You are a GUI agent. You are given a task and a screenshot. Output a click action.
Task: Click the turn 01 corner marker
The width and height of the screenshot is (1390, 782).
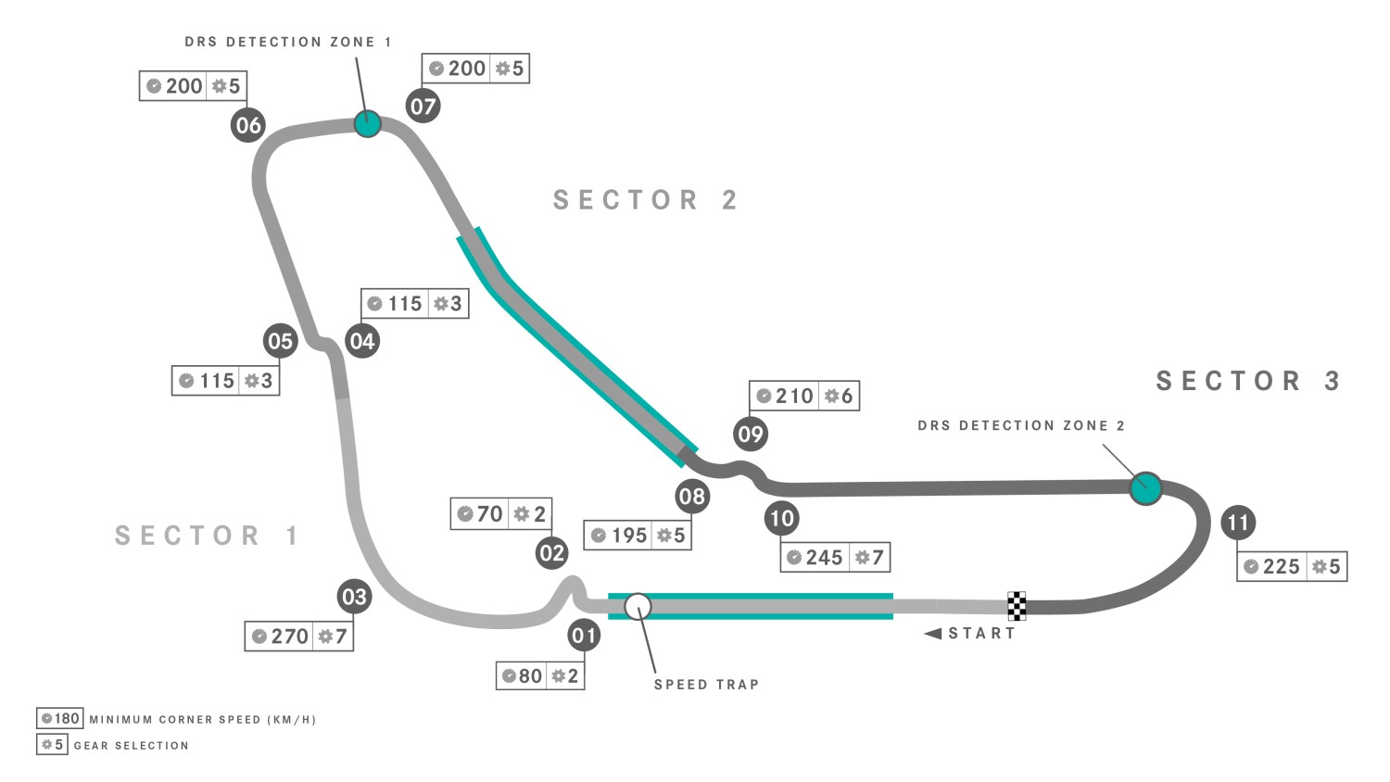point(584,635)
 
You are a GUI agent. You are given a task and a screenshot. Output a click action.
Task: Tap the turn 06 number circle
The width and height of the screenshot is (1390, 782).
point(248,125)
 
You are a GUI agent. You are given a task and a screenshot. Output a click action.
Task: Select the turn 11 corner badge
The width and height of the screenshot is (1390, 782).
point(1239,523)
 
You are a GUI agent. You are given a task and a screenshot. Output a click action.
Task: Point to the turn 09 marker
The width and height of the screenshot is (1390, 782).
point(751,434)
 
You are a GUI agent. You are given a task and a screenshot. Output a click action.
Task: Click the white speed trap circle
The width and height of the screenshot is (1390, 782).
point(638,606)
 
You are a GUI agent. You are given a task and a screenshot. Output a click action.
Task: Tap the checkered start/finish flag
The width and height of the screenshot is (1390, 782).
point(1017,606)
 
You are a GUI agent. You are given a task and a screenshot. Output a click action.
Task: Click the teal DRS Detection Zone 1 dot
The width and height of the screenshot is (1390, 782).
point(367,123)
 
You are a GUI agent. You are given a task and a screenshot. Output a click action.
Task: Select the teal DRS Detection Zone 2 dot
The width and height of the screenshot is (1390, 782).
point(1145,488)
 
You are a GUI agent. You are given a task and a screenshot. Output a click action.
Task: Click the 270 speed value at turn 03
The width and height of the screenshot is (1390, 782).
point(290,637)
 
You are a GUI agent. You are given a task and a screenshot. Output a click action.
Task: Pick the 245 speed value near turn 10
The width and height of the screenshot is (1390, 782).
point(824,558)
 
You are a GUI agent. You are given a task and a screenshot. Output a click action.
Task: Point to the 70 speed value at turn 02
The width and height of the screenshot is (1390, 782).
point(489,514)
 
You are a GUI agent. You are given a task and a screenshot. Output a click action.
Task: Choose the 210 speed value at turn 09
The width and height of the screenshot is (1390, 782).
point(794,396)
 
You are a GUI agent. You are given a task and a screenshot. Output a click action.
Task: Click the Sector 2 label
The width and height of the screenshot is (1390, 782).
point(646,200)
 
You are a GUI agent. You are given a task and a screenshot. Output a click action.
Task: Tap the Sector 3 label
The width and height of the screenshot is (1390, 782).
point(1248,381)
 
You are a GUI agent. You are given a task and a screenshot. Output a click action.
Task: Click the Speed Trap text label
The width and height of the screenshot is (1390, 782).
point(707,685)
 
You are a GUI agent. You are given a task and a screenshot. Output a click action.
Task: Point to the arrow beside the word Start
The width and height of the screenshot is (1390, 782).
point(932,634)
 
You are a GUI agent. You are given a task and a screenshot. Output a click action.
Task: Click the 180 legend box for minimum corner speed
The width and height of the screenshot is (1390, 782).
point(59,719)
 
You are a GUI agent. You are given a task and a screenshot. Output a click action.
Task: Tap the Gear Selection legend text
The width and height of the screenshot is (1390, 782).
point(132,745)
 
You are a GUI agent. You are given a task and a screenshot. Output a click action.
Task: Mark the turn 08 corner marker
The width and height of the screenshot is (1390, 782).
point(692,497)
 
